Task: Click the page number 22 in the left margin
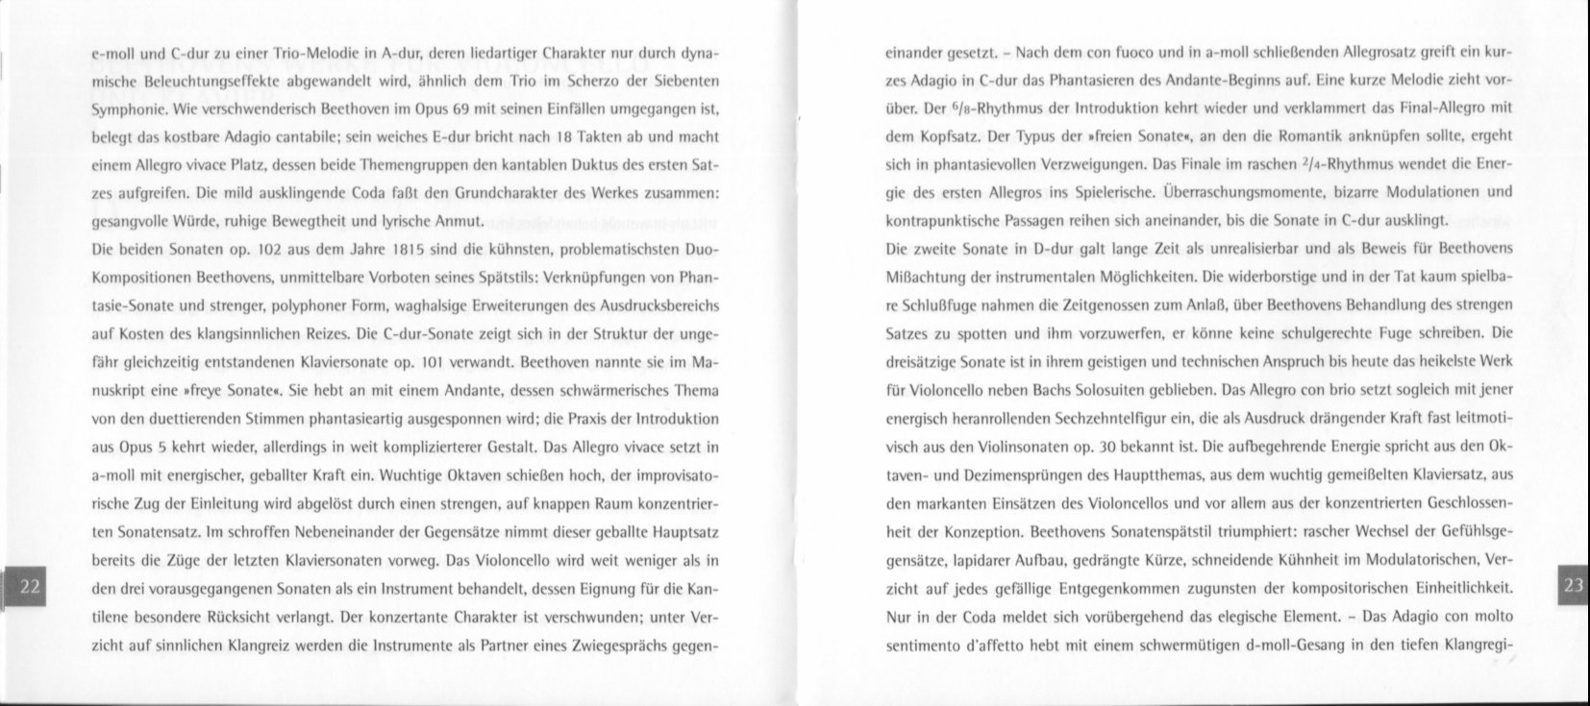click(30, 588)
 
